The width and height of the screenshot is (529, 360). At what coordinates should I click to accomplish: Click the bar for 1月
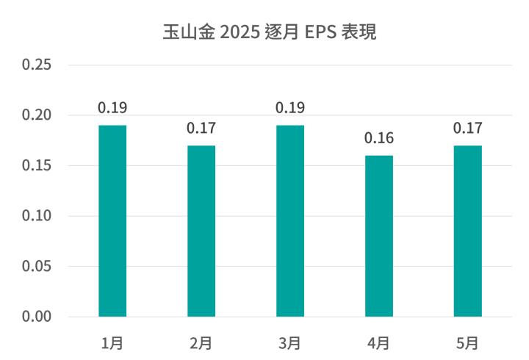point(112,220)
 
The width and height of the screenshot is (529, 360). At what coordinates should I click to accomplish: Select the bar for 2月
point(201,231)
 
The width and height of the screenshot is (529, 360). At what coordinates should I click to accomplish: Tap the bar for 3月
point(290,220)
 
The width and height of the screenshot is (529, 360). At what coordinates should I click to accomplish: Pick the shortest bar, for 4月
point(379,236)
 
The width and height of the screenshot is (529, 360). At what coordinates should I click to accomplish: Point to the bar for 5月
point(468,231)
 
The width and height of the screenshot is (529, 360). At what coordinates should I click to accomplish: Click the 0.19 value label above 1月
point(112,108)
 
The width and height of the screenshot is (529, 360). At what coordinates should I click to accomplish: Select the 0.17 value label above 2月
point(201,128)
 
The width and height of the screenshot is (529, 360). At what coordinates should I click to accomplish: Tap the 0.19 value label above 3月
point(290,108)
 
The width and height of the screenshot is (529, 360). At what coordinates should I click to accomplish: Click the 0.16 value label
point(379,138)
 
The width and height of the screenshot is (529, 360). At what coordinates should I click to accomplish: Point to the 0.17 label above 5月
point(468,128)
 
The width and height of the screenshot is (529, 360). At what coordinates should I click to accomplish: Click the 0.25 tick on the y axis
point(36,65)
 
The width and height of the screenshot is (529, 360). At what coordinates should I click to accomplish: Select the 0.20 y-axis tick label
point(36,115)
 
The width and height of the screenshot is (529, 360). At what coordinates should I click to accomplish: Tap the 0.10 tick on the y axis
point(36,216)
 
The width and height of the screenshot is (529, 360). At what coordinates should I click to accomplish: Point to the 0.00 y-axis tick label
point(36,317)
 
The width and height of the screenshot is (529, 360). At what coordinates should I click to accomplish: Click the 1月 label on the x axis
point(112,342)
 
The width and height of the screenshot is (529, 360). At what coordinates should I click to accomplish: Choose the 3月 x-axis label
point(290,342)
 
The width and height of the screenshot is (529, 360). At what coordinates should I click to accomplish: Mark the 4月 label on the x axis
point(379,342)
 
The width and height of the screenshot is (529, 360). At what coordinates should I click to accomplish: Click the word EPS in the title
point(321,32)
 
